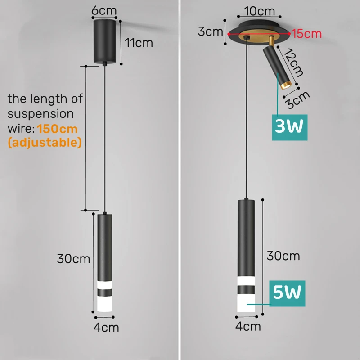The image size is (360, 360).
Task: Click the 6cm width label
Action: pos(104,10)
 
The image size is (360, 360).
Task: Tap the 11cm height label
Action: pos(139,43)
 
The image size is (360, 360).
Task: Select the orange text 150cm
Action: pos(57,129)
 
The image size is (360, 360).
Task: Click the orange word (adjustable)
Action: pos(45,143)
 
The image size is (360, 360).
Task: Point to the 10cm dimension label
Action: pos(260,11)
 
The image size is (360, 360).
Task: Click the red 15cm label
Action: pos(307,34)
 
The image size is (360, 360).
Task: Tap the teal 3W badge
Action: pos(289,127)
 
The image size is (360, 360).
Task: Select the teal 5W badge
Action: pos(287,293)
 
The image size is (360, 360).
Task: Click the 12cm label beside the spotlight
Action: pos(293,63)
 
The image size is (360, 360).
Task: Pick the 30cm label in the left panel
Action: pos(73,259)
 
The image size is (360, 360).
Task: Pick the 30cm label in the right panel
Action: pos(283,256)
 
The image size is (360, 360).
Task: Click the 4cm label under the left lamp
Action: pos(106,328)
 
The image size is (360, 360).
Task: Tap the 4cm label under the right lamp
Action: pos(248,326)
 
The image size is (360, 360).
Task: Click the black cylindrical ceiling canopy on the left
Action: pos(105,41)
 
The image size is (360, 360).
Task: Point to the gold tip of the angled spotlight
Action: pos(286,85)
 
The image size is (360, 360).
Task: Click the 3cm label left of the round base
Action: pos(210,31)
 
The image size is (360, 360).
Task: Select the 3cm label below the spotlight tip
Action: pos(298,100)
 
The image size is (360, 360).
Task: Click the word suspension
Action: pos(40,114)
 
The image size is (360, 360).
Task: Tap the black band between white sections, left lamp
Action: pos(105,292)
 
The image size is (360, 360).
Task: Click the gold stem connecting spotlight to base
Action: pos(271,41)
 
